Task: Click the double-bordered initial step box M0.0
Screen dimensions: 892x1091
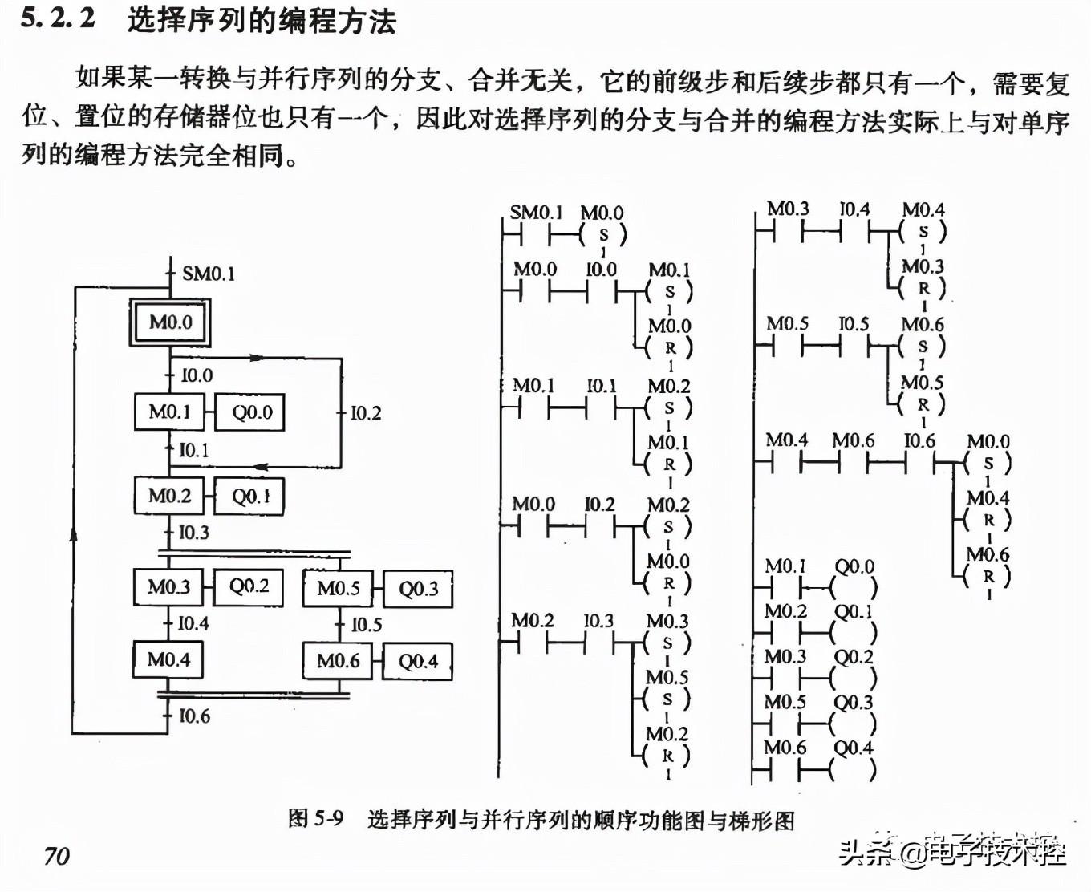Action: pyautogui.click(x=170, y=322)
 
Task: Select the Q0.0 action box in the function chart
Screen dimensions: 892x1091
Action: pyautogui.click(x=252, y=412)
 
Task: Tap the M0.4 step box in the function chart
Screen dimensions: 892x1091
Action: pyautogui.click(x=168, y=660)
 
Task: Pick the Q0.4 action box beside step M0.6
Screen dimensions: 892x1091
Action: pyautogui.click(x=418, y=662)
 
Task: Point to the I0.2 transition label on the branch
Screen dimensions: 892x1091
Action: pyautogui.click(x=366, y=413)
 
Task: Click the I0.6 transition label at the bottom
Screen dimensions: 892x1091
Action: pyautogui.click(x=194, y=716)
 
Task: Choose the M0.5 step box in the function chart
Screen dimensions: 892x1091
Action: pyautogui.click(x=338, y=589)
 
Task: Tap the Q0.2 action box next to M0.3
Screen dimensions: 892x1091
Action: pyautogui.click(x=249, y=586)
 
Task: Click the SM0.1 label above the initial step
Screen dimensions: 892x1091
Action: pyautogui.click(x=209, y=274)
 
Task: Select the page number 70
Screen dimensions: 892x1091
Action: pyautogui.click(x=57, y=856)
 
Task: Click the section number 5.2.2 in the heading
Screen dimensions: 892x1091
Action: pyautogui.click(x=58, y=18)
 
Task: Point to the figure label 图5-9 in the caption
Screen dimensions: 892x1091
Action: pyautogui.click(x=316, y=819)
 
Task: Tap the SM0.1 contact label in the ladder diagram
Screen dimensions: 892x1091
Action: pyautogui.click(x=536, y=213)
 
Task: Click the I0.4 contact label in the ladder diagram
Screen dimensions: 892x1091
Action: pyautogui.click(x=854, y=209)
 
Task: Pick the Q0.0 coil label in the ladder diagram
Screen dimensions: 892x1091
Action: pyautogui.click(x=854, y=566)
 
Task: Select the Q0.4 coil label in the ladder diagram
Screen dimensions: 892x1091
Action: pyautogui.click(x=854, y=748)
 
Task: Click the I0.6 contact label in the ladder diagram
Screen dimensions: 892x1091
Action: pyautogui.click(x=919, y=440)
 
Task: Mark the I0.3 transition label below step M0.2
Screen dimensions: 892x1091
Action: pyautogui.click(x=193, y=533)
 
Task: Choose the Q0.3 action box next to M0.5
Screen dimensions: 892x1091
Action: pyautogui.click(x=418, y=590)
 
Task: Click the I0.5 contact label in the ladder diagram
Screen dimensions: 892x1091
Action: pyautogui.click(x=854, y=324)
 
